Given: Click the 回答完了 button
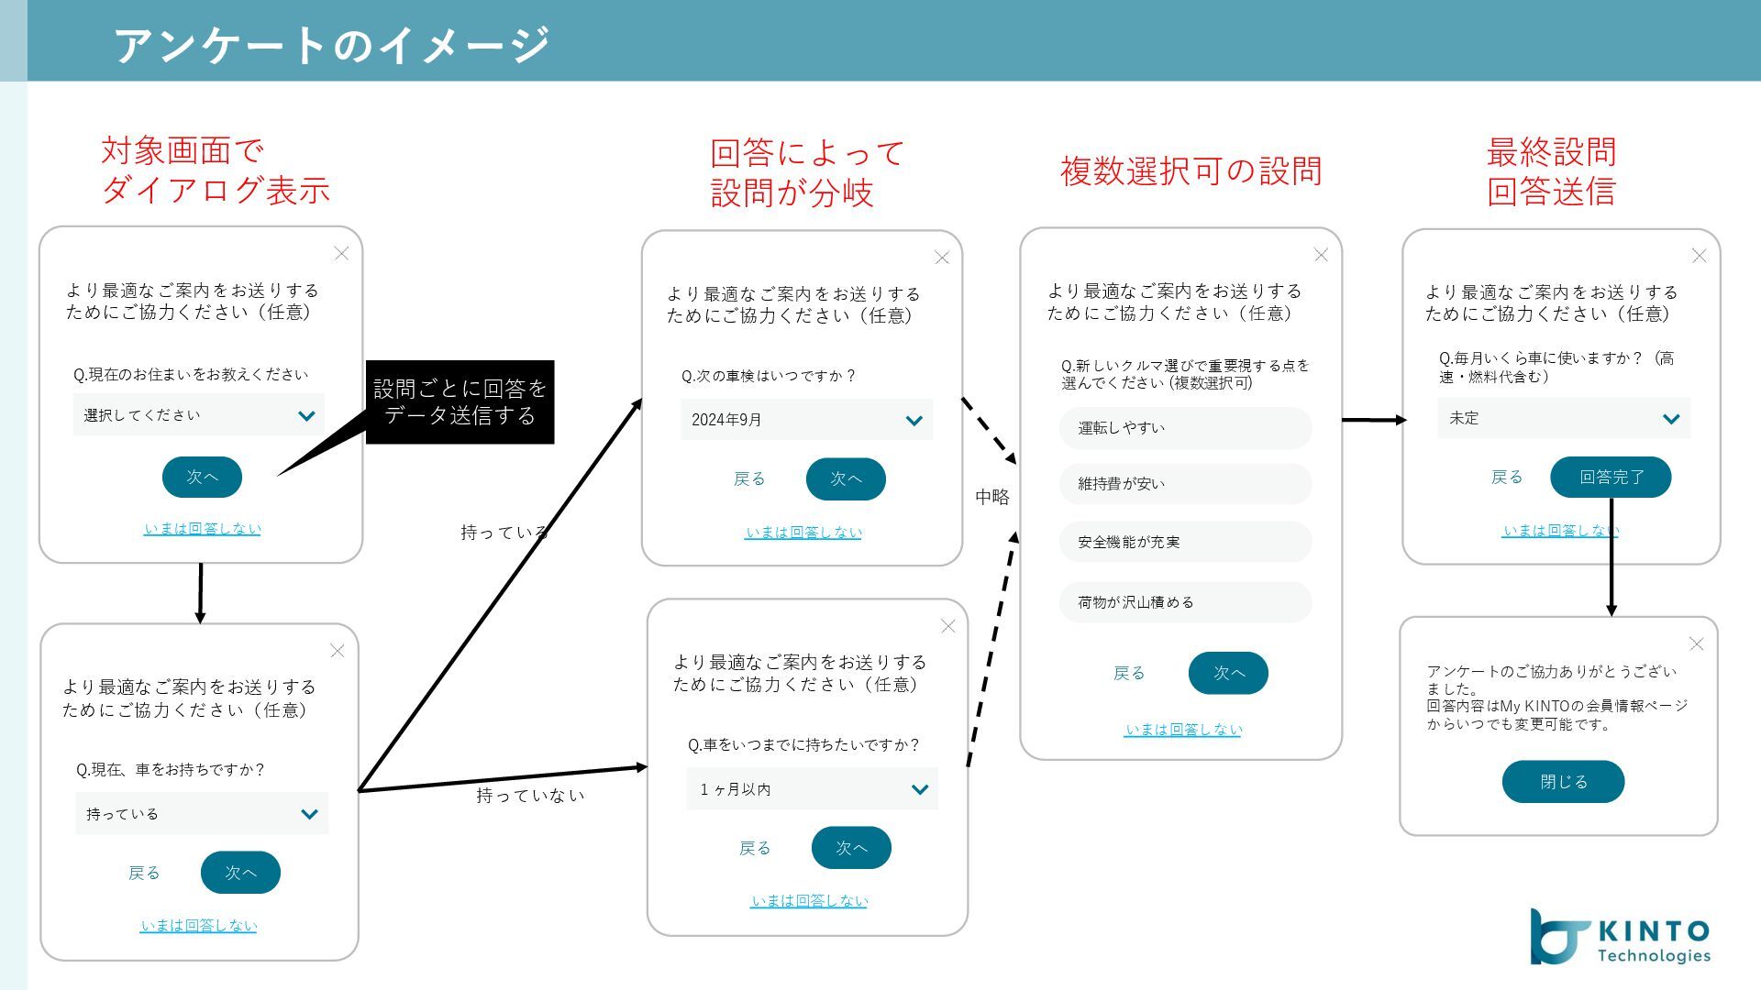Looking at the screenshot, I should [x=1611, y=477].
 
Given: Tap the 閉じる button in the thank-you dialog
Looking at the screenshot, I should [x=1563, y=782].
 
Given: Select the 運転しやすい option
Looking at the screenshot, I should [x=1185, y=428].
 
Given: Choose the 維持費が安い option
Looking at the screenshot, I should [x=1185, y=484].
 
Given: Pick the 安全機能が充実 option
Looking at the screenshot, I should [x=1185, y=542].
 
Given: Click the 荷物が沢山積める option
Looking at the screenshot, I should [x=1185, y=602].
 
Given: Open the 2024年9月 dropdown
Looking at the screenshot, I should [x=806, y=420].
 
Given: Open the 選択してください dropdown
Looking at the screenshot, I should [x=199, y=415].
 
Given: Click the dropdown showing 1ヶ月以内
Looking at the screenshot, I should [x=812, y=789].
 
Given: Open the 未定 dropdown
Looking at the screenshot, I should [x=1563, y=418].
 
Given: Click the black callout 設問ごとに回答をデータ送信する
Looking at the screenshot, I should [x=460, y=401].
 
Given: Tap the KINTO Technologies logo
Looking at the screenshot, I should [x=1620, y=937].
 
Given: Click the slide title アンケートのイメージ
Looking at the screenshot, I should [x=331, y=44].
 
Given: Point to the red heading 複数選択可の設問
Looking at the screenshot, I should [x=1191, y=171].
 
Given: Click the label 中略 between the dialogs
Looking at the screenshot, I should [x=991, y=497].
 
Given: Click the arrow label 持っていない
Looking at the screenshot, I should [x=530, y=796].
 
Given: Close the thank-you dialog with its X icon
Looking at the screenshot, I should [x=1696, y=644].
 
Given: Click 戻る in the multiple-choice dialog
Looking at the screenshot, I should [x=1129, y=673].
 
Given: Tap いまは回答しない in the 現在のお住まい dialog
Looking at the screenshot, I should [x=202, y=529].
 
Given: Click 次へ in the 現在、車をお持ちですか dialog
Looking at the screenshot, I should [x=240, y=873].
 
